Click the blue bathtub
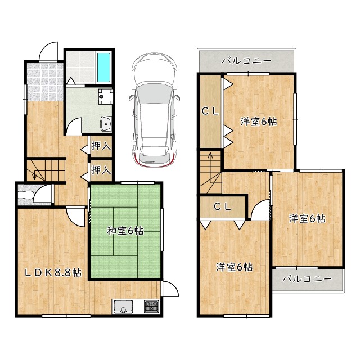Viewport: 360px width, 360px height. tap(103, 67)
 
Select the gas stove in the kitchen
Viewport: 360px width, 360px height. tap(151, 306)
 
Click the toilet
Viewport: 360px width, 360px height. tap(26, 194)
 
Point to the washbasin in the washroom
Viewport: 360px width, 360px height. tap(106, 123)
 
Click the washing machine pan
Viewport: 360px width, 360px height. tap(105, 96)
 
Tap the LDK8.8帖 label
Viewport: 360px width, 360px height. tap(53, 272)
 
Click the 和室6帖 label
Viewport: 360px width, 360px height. tap(125, 231)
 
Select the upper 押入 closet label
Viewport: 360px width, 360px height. tap(101, 146)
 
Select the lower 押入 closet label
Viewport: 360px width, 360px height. tap(101, 170)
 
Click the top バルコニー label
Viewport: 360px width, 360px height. tap(246, 61)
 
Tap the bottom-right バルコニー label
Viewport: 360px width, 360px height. tap(307, 279)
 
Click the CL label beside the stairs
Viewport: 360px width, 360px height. tap(210, 111)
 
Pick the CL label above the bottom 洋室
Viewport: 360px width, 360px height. tap(222, 207)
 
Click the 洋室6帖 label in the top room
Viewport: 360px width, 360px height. tap(259, 121)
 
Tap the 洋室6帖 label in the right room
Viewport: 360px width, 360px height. tap(307, 219)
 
